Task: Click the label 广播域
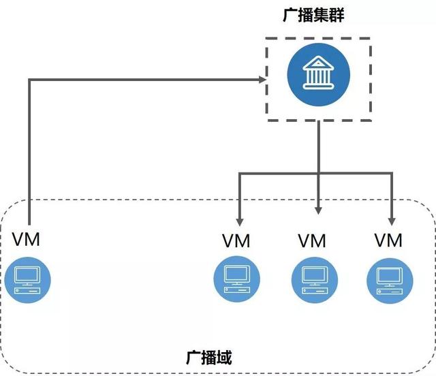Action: tap(209, 357)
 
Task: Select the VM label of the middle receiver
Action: tap(313, 240)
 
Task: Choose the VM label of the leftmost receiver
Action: tap(236, 240)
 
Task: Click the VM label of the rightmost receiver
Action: tap(389, 240)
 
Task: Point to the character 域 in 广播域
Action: tap(225, 357)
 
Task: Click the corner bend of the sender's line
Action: tap(29, 80)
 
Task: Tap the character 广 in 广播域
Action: tap(193, 357)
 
